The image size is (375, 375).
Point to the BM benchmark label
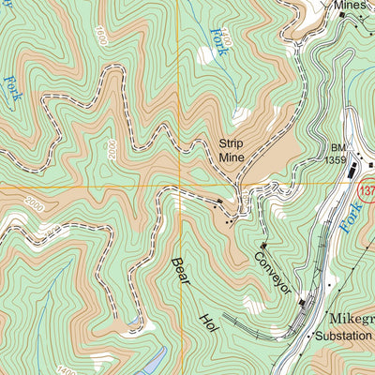[x=337, y=147]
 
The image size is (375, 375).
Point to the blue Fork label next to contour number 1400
[x=220, y=39]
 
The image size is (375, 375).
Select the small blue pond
[x=155, y=359]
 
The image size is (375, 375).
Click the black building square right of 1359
[x=355, y=172]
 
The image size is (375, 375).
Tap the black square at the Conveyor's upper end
[x=263, y=246]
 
